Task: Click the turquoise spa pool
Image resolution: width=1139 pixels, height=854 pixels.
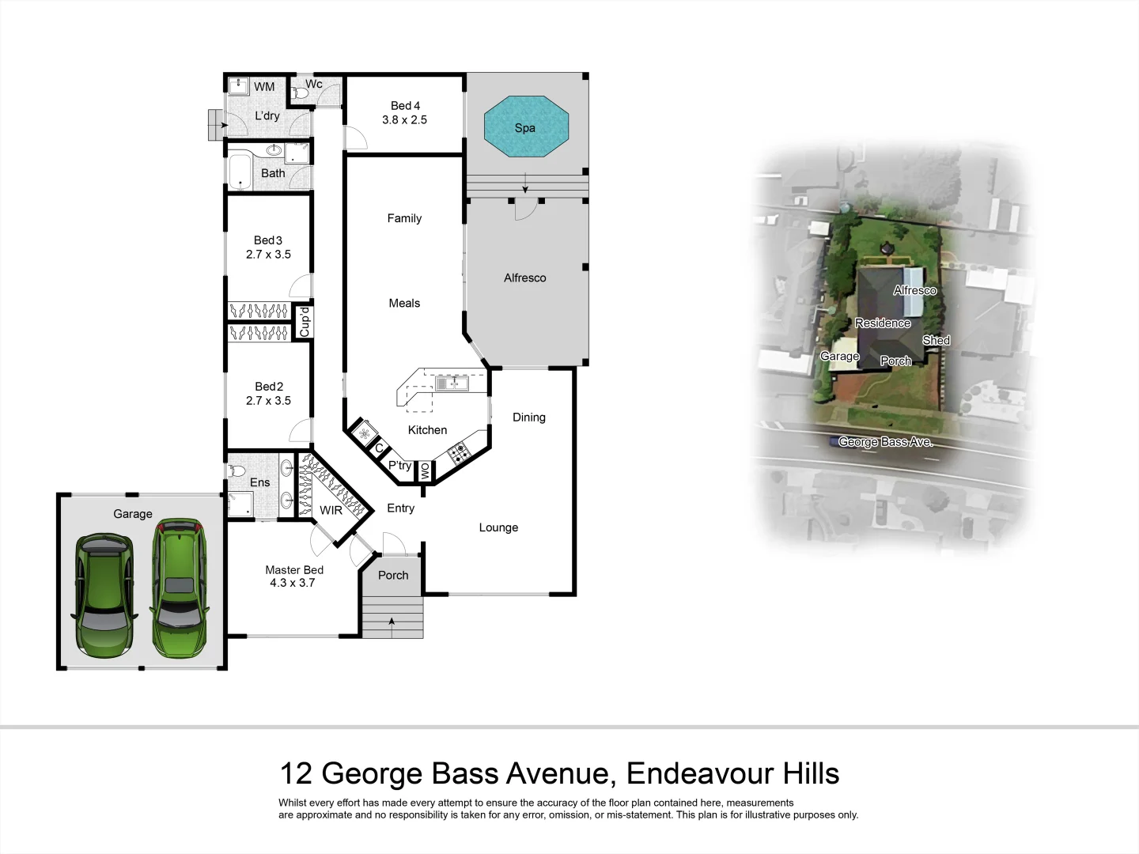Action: (525, 127)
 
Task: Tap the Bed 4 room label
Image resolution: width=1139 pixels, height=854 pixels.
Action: (405, 113)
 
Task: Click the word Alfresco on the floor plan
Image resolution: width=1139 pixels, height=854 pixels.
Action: (525, 278)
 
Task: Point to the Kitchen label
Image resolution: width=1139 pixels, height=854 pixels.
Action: (427, 430)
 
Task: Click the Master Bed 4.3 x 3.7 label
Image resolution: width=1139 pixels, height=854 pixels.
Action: (293, 576)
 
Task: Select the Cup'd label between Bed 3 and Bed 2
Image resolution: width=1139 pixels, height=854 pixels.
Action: (305, 322)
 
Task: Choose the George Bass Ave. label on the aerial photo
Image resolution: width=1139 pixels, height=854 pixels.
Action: (886, 442)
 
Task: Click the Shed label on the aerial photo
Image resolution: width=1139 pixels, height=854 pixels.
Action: (936, 340)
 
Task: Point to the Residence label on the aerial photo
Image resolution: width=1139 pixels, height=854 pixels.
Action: (883, 323)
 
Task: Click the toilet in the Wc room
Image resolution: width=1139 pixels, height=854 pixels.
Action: (300, 94)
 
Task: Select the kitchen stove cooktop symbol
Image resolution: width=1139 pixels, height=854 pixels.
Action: (459, 453)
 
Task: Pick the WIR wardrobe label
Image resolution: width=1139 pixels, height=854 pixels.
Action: (331, 510)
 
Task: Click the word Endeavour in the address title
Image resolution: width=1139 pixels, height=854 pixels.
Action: (698, 773)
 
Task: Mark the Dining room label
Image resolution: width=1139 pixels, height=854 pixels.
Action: (529, 418)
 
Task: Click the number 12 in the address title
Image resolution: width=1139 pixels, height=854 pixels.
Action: (297, 773)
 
